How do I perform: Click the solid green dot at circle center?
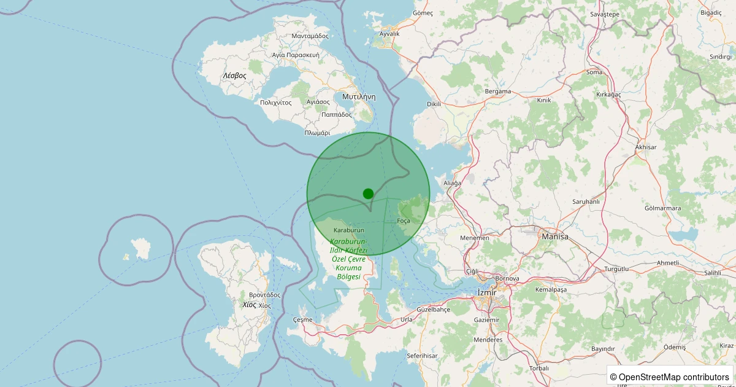(x=368, y=193)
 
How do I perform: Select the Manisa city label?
(x=554, y=236)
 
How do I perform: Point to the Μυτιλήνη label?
(x=359, y=97)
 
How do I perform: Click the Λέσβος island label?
(x=234, y=76)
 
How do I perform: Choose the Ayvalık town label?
(x=389, y=34)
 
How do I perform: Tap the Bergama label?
(x=498, y=92)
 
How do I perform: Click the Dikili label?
(x=434, y=104)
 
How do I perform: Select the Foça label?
(x=404, y=221)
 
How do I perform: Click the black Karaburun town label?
(x=348, y=230)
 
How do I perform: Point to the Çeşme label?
(x=303, y=319)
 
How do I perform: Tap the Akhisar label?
(x=646, y=147)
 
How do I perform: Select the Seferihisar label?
(x=422, y=356)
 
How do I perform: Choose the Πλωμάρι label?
(x=318, y=133)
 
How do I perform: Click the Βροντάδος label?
(x=264, y=295)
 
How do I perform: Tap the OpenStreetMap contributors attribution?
(x=669, y=377)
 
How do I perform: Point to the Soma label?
(x=594, y=72)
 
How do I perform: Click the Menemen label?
(x=475, y=238)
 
